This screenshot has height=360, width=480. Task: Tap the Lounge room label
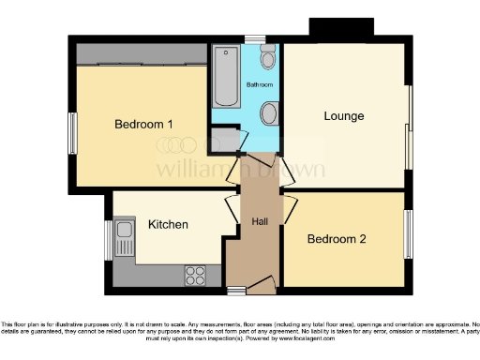[344, 115]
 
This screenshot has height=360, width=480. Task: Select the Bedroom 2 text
[337, 238]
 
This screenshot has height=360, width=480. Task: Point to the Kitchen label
[168, 224]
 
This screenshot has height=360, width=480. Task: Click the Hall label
[260, 221]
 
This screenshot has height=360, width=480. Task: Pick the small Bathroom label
[260, 85]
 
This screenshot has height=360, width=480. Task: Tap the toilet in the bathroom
[268, 58]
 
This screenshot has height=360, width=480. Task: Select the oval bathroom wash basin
[269, 114]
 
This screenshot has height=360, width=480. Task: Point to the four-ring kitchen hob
[196, 275]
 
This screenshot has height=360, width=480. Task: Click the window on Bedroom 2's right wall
[409, 233]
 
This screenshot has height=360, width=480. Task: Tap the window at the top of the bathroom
[254, 38]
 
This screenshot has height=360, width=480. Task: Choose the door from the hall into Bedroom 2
[290, 211]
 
